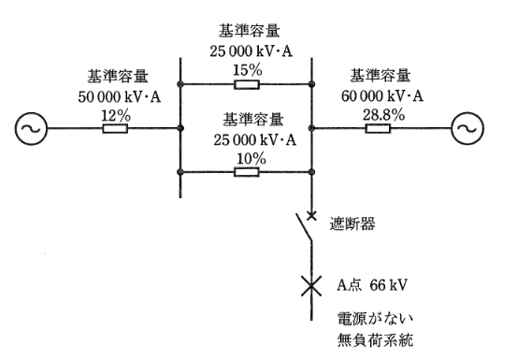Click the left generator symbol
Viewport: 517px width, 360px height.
tap(28, 128)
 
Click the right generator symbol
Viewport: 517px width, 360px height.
tap(465, 128)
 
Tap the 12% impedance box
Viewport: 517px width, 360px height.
tap(114, 128)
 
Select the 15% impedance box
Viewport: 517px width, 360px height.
tap(245, 84)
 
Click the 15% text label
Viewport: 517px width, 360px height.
tap(246, 67)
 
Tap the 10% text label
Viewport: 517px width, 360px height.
tap(246, 157)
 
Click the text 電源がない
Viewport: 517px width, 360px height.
tap(374, 318)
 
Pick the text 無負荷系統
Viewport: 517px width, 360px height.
tap(374, 338)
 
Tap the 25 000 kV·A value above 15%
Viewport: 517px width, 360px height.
tap(246, 50)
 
